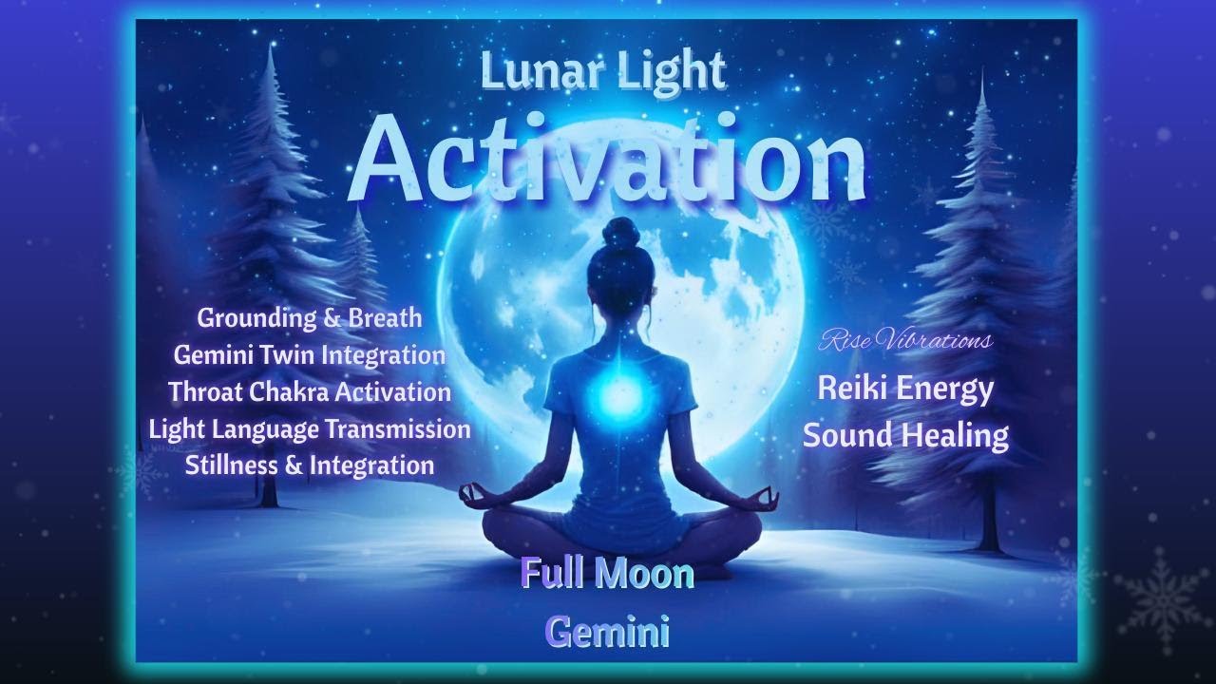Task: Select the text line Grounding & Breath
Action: click(x=310, y=317)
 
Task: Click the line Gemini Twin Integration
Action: click(x=310, y=354)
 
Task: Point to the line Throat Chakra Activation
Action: click(x=310, y=391)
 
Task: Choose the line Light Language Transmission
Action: click(x=310, y=428)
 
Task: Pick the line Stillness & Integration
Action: click(x=310, y=465)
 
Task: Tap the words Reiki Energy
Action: click(x=905, y=389)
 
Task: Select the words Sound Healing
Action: click(x=905, y=435)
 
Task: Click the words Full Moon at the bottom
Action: click(x=607, y=574)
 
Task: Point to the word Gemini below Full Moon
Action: click(x=607, y=631)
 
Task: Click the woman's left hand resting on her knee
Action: click(x=472, y=494)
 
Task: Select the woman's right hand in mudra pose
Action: click(x=765, y=497)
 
